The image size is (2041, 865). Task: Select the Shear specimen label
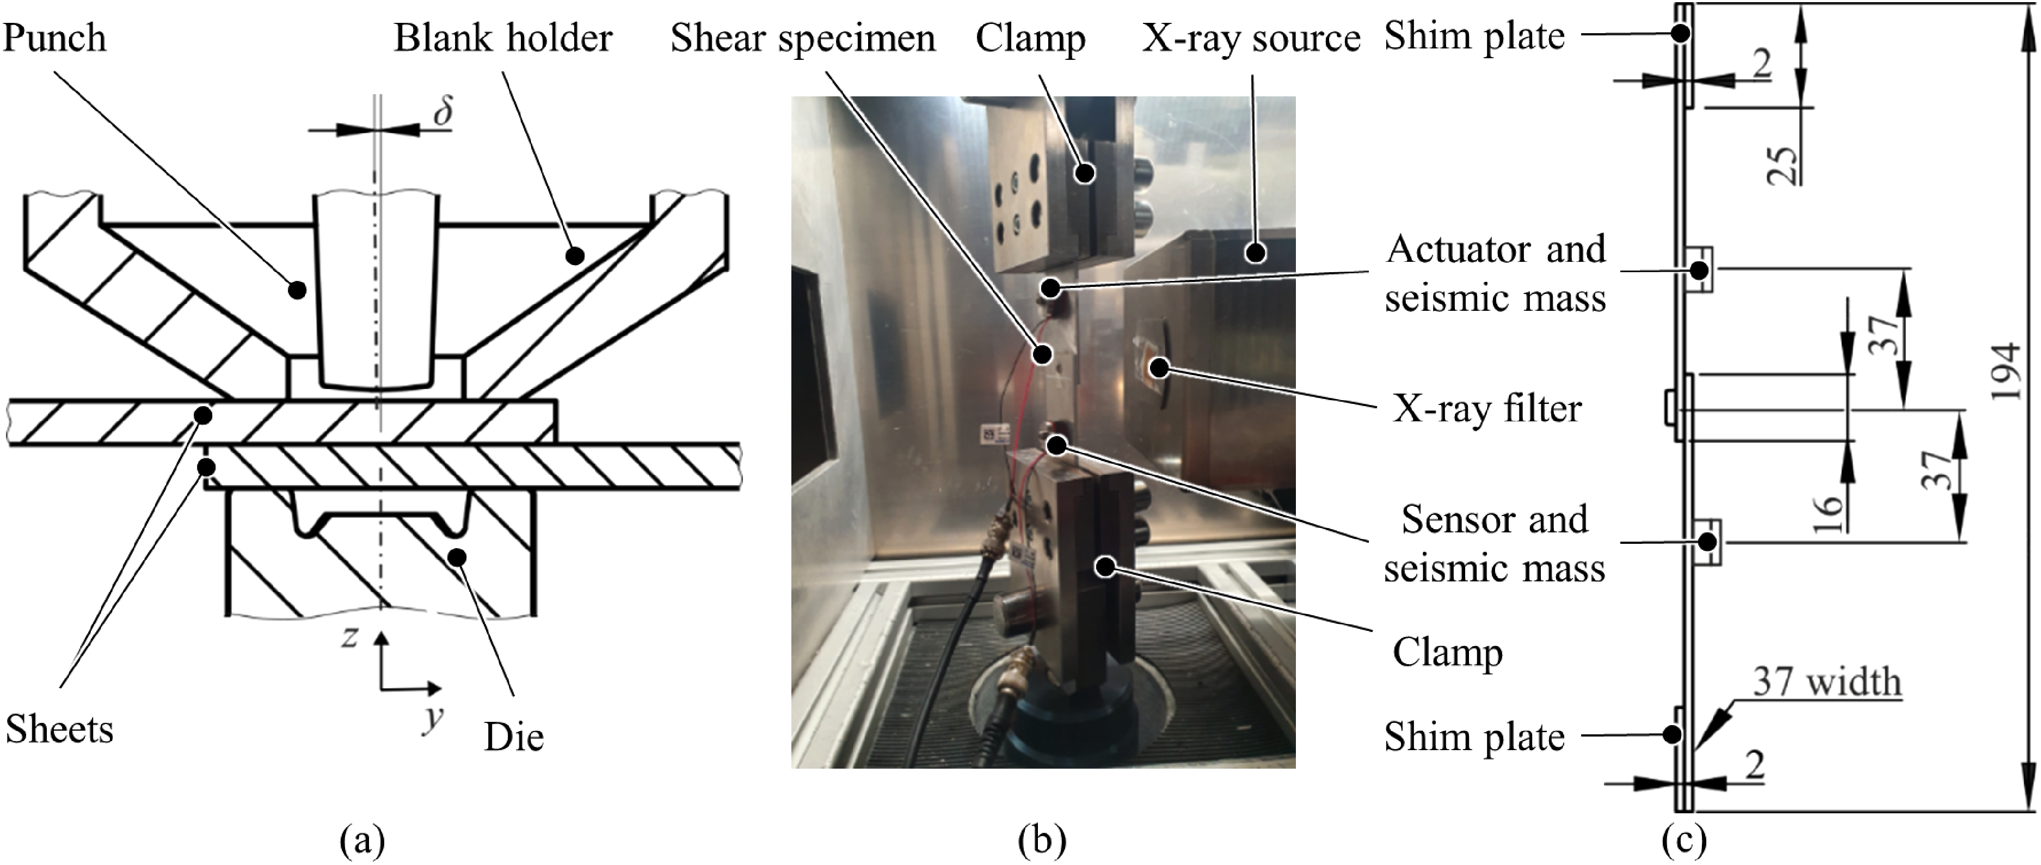tap(803, 38)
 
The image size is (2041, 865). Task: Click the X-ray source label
tap(1251, 38)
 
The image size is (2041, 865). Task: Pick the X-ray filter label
tap(1487, 409)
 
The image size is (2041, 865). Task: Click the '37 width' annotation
tap(1826, 682)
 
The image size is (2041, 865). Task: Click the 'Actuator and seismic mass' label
tap(1496, 273)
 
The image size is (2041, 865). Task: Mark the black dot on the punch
tap(296, 290)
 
